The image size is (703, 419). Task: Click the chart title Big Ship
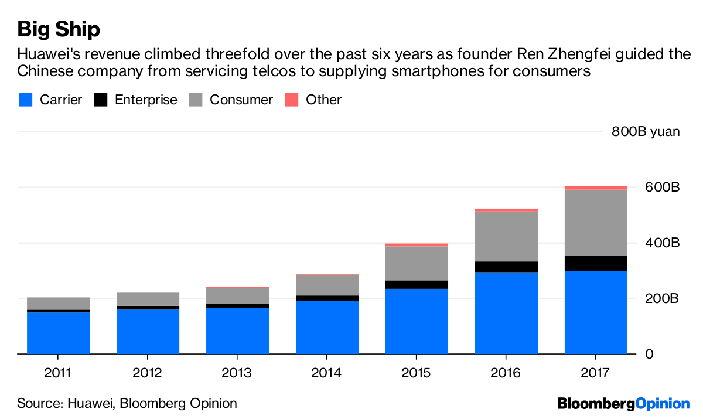coord(59,29)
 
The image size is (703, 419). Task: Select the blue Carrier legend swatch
coord(25,100)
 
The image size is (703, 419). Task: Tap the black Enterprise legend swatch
coord(101,100)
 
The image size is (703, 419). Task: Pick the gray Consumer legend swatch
coord(196,100)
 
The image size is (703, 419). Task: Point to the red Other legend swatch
coord(292,100)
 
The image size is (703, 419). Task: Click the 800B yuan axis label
coord(646,131)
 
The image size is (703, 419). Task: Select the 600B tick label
coord(663,188)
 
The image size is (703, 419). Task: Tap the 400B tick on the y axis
coord(663,243)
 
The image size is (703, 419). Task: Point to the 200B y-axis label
coord(663,299)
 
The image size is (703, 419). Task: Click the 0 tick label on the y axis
coord(650,354)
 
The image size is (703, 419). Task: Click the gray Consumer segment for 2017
coord(596,223)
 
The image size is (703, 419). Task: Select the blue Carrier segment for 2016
coord(506,314)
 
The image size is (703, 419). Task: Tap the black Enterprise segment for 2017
coord(596,263)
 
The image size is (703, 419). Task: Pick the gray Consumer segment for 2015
coord(417,263)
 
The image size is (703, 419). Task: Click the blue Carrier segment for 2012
coord(148,332)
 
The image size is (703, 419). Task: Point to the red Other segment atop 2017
coord(596,188)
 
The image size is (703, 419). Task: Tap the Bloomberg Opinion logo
coord(623,403)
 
